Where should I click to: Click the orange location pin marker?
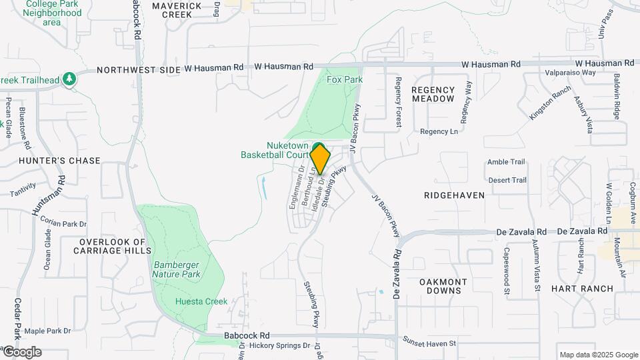click(x=321, y=159)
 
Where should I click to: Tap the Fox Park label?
click(x=345, y=79)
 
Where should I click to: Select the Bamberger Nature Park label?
click(x=177, y=269)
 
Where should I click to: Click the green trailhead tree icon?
click(x=69, y=79)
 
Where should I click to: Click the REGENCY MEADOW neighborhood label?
click(x=433, y=94)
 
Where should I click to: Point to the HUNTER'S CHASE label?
click(x=59, y=161)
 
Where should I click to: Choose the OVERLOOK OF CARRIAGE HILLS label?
click(x=112, y=247)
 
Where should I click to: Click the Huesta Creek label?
click(x=201, y=302)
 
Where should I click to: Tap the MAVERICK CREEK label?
click(x=176, y=10)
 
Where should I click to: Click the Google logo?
click(x=22, y=352)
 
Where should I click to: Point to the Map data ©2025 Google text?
click(x=599, y=355)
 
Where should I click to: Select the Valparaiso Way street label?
click(x=570, y=73)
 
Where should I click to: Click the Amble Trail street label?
click(x=506, y=162)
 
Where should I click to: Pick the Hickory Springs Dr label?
click(x=279, y=346)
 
